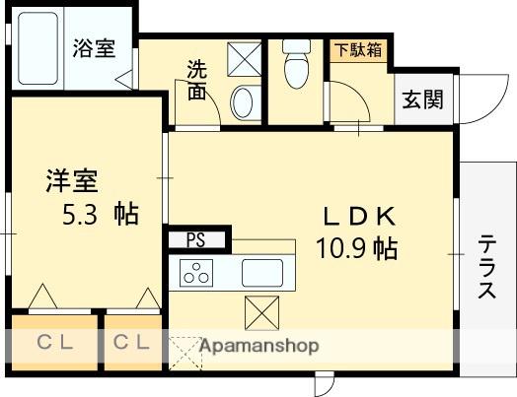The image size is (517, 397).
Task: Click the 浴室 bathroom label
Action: point(94,49)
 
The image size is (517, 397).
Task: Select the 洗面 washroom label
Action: point(196,81)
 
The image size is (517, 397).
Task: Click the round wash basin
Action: point(243,101)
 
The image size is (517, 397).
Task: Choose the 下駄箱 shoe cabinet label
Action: point(357,48)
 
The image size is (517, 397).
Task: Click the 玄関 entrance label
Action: point(422,99)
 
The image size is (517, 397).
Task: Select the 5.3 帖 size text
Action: point(96,214)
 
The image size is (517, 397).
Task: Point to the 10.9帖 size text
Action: point(356,248)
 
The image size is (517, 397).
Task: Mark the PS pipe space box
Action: point(196,239)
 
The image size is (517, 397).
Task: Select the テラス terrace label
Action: point(487,266)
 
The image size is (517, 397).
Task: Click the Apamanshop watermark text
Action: point(258,347)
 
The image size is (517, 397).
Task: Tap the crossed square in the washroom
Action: point(244,57)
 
